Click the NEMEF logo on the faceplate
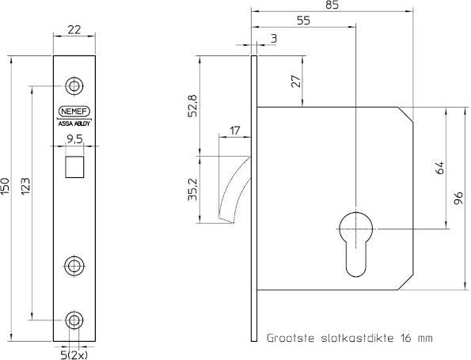tap(74, 112)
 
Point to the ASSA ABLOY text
tap(74, 123)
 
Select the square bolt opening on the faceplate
tap(74, 166)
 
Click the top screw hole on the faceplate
tap(74, 85)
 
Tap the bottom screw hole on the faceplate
tap(74, 320)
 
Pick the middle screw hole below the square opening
tap(74, 264)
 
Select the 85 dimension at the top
tap(332, 6)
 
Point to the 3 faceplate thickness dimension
tap(273, 37)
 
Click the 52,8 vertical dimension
tap(192, 105)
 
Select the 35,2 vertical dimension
tap(192, 190)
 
